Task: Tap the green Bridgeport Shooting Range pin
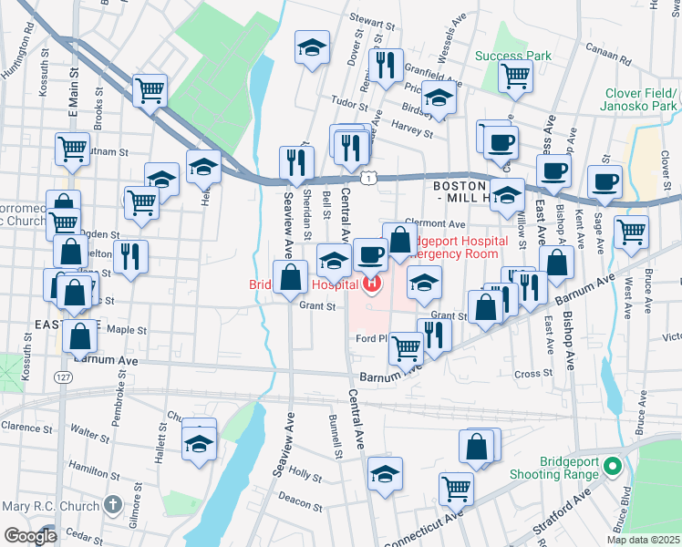(614, 469)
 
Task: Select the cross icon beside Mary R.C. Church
(112, 503)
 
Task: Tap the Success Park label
(513, 56)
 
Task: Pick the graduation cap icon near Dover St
(312, 48)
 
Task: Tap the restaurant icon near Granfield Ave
(385, 66)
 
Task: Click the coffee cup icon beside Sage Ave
(604, 181)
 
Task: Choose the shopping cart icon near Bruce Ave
(631, 232)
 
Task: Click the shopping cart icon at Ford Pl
(405, 346)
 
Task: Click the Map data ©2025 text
(643, 539)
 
